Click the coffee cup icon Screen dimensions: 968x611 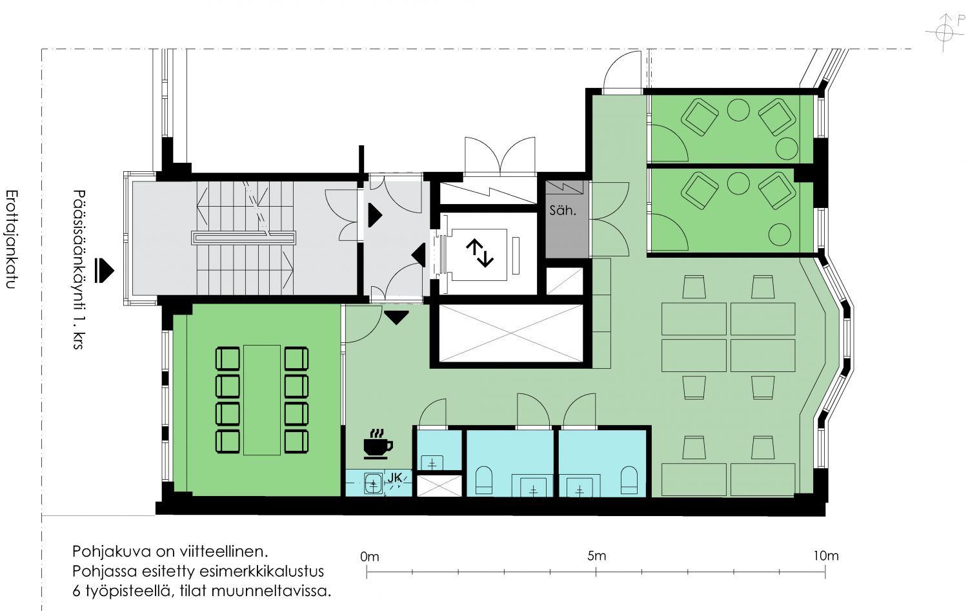coord(378,444)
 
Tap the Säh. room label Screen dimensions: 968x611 coord(563,211)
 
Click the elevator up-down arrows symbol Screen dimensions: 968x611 coord(479,253)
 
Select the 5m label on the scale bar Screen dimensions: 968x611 coord(596,555)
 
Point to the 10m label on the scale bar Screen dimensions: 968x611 coord(826,555)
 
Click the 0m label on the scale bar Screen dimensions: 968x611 coord(370,557)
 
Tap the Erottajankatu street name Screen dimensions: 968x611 coord(11,239)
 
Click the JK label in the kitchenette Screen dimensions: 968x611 coord(394,477)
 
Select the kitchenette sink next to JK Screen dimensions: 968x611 coord(374,484)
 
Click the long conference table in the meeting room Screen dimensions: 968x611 coord(262,400)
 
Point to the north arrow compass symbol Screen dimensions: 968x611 coord(945,32)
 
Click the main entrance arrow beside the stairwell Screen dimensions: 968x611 coord(104,271)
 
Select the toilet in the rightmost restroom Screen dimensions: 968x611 coord(629,480)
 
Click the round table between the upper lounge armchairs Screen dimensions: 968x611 coord(738,110)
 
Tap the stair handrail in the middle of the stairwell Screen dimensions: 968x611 coord(244,238)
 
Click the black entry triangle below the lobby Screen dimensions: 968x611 coord(396,318)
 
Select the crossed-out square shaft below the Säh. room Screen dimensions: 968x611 coord(565,282)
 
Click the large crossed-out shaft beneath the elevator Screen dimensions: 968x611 coord(511,333)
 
